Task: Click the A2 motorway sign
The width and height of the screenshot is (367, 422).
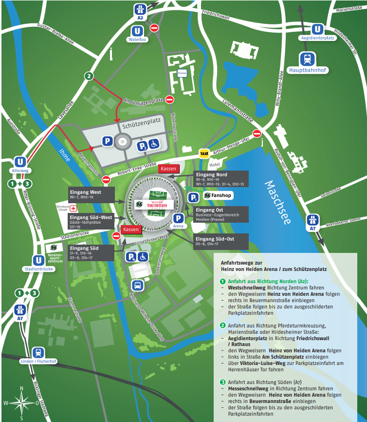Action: tap(140, 10)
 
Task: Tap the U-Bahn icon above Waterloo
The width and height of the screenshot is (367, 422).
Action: tap(137, 30)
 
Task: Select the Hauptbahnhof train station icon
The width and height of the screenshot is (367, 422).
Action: tap(308, 59)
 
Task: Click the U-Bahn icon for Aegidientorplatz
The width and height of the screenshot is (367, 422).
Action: tap(317, 29)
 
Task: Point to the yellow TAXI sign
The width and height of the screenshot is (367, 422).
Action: tap(204, 153)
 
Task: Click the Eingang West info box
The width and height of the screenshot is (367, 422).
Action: tap(91, 194)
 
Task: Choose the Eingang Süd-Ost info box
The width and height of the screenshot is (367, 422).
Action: tap(221, 241)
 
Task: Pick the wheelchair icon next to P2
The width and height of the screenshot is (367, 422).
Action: tap(153, 144)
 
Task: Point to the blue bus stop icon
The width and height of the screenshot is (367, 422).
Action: tap(137, 286)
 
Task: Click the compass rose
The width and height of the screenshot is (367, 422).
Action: tap(21, 403)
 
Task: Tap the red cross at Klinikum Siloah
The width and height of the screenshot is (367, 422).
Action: tap(73, 209)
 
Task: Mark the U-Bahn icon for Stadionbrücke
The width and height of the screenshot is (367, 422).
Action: tap(38, 261)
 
